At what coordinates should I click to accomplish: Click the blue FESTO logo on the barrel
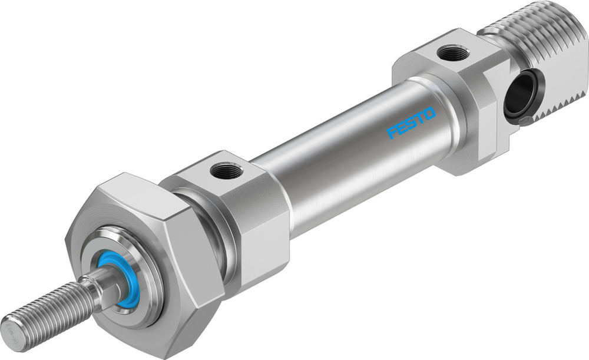[x=411, y=123]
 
